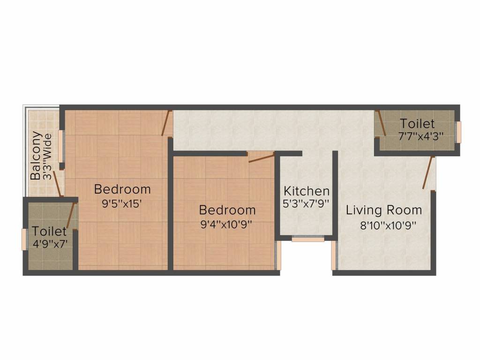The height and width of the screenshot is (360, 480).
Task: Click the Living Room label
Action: click(384, 210)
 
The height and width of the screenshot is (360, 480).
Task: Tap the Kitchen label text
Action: click(307, 191)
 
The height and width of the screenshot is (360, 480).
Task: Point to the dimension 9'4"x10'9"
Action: click(227, 224)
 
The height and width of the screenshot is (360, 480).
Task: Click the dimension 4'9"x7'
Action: click(49, 244)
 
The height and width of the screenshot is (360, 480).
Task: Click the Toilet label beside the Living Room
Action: click(417, 124)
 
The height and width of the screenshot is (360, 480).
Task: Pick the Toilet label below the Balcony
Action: click(49, 231)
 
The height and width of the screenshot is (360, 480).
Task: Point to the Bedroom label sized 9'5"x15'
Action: click(122, 189)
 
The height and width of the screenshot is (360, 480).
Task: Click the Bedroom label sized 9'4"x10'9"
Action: click(227, 210)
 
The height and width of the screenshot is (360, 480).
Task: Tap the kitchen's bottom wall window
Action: click(308, 239)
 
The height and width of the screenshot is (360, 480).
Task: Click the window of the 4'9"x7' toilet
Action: click(24, 239)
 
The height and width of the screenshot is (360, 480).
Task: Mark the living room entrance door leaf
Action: click(427, 173)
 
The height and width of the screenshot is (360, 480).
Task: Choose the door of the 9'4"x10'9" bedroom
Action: click(261, 157)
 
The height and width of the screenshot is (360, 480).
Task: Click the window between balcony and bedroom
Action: click(61, 143)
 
